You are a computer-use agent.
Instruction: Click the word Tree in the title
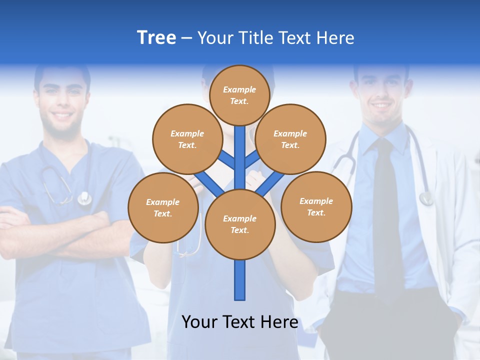[x=156, y=38]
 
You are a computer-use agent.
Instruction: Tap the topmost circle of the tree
[x=239, y=95]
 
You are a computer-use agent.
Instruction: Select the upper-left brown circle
[x=187, y=139]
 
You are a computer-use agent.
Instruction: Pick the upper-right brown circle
[x=290, y=139]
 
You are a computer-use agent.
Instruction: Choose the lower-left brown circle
[x=163, y=207]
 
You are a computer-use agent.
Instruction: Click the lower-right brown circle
[x=316, y=206]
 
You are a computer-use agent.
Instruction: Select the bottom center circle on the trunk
[x=239, y=224]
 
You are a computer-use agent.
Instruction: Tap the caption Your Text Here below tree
[x=239, y=322]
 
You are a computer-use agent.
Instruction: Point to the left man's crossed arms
[x=55, y=230]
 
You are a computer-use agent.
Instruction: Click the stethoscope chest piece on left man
[x=84, y=198]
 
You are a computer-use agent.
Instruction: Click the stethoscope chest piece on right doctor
[x=426, y=198]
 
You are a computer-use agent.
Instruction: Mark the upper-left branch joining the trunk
[x=228, y=160]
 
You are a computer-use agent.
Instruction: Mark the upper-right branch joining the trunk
[x=251, y=160]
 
